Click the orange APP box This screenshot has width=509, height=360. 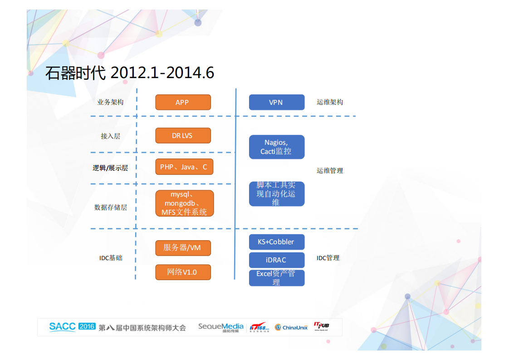click(183, 102)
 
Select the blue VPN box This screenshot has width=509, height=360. click(276, 102)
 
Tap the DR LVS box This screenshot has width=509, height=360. click(183, 135)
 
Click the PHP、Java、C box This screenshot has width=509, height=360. click(184, 167)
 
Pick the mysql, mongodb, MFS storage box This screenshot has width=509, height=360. click(184, 203)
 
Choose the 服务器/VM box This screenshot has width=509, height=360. click(183, 248)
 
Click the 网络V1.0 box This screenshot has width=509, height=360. click(183, 272)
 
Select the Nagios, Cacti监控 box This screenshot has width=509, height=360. click(276, 147)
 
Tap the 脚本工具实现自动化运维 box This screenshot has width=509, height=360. click(276, 194)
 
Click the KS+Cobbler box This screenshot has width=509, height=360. click(276, 242)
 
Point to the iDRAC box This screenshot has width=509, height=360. click(276, 260)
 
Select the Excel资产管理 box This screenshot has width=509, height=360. click(276, 278)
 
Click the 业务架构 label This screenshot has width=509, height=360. click(110, 102)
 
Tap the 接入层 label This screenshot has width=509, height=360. click(110, 136)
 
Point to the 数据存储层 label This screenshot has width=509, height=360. click(110, 207)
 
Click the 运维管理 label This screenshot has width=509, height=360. click(330, 171)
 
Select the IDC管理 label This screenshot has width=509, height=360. click(328, 258)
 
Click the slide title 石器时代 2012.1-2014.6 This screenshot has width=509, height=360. click(130, 73)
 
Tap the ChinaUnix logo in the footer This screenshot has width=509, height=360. click(291, 327)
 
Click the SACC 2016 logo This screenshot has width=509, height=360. click(72, 326)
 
